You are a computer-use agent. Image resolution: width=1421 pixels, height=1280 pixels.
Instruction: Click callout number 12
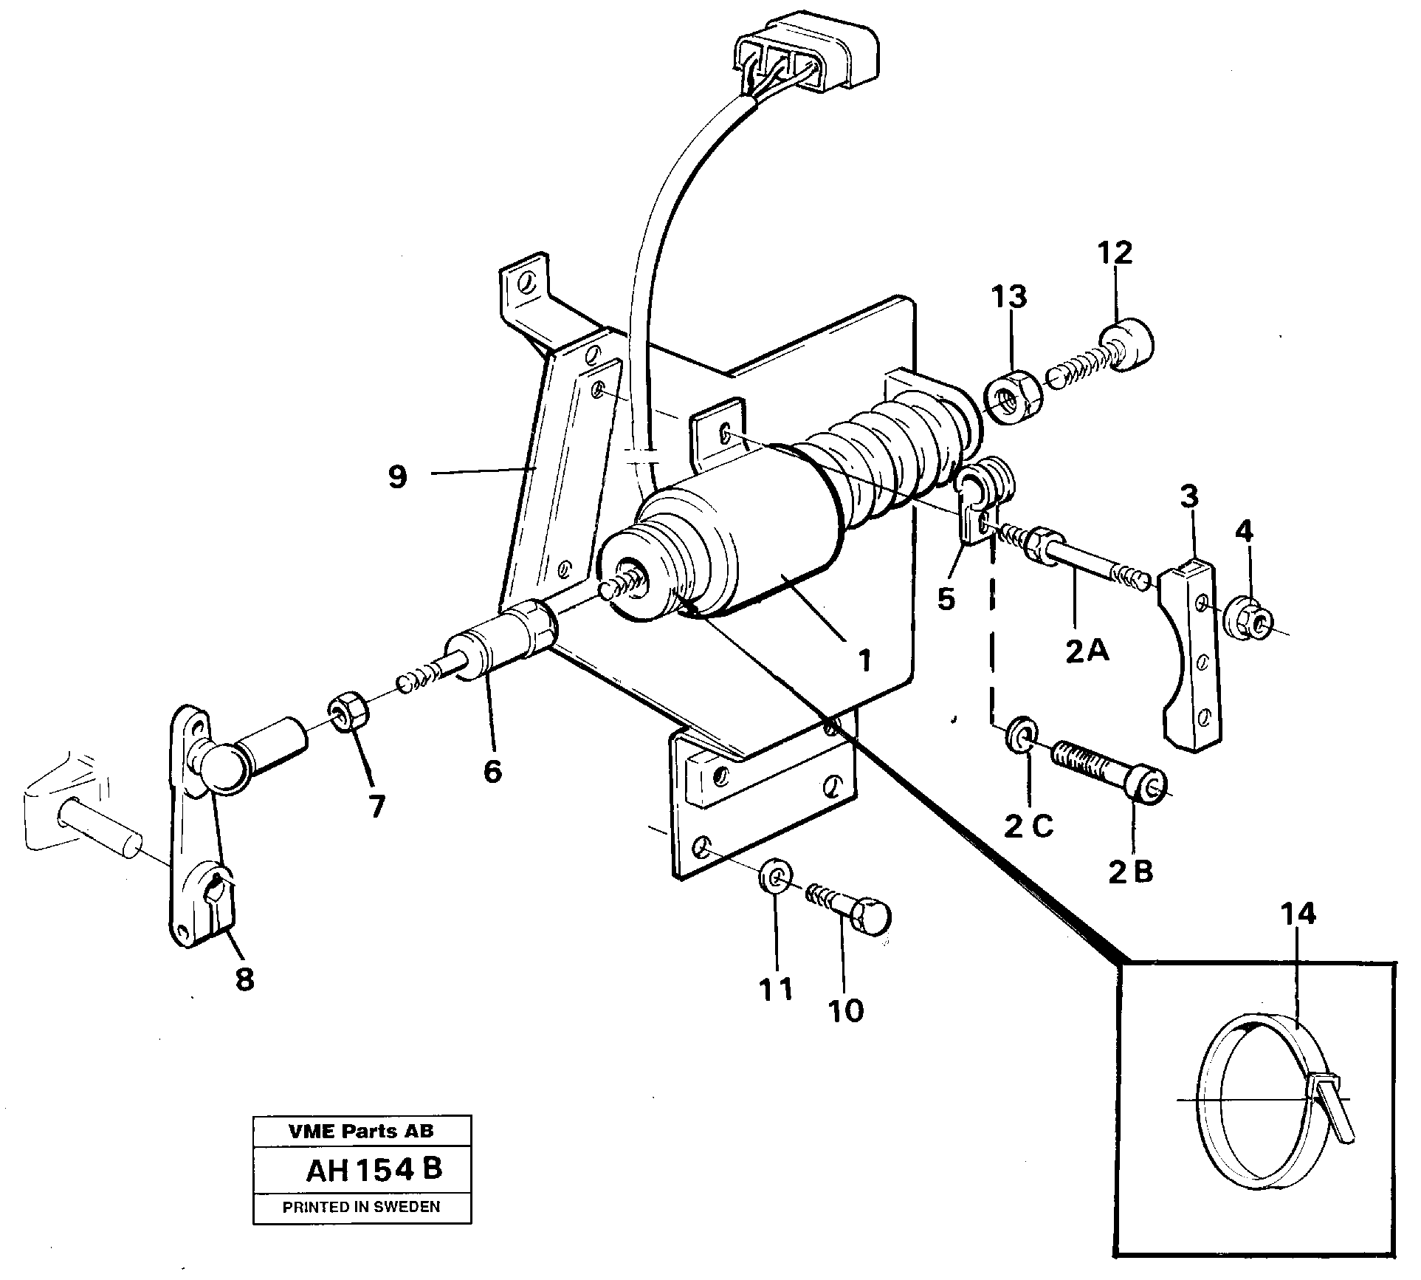click(x=1115, y=253)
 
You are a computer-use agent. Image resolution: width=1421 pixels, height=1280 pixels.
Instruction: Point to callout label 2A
click(x=1087, y=651)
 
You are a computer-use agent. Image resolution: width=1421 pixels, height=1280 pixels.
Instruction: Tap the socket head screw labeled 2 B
click(x=1111, y=775)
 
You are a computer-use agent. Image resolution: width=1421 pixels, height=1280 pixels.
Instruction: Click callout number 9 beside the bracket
click(x=397, y=477)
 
